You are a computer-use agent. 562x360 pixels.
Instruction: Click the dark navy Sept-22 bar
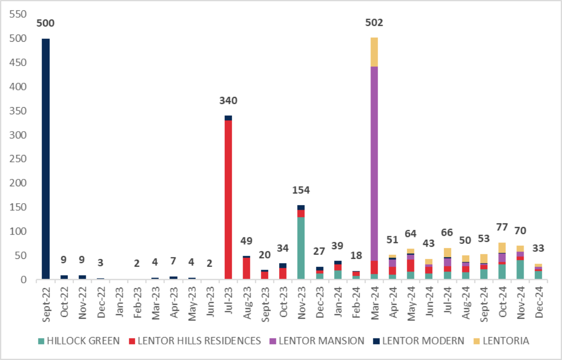45,159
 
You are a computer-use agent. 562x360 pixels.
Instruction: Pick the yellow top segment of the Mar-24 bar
374,52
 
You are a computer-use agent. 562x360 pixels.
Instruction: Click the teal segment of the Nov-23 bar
301,248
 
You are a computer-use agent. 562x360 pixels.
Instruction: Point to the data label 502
374,22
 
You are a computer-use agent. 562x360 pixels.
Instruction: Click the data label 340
229,100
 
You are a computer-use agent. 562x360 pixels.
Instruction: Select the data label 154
301,190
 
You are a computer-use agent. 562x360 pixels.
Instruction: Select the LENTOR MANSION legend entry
321,341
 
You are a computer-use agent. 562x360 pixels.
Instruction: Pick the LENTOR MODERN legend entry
421,341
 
